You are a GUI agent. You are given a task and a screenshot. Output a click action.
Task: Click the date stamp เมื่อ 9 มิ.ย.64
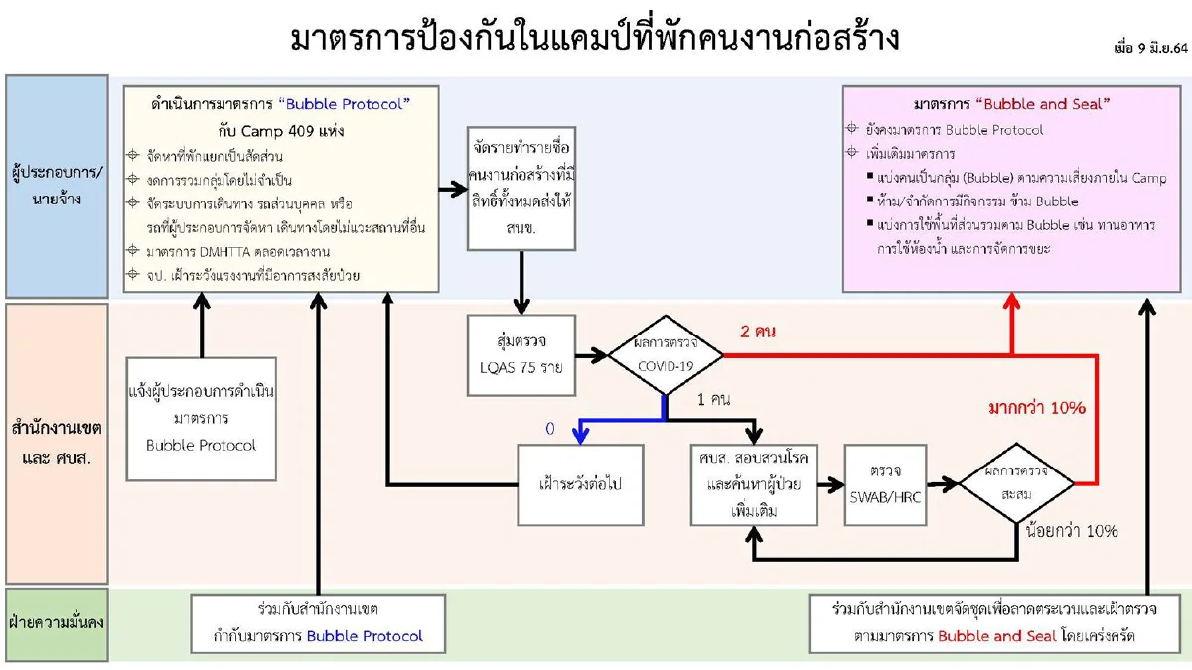(x=1149, y=48)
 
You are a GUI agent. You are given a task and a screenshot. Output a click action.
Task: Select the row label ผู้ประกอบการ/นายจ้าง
(x=57, y=187)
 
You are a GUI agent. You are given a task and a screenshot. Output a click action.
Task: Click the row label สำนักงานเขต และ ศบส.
(x=57, y=443)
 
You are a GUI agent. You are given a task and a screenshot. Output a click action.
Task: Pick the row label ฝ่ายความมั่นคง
(x=57, y=624)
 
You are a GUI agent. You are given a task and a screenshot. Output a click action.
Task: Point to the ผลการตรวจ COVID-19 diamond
(x=665, y=354)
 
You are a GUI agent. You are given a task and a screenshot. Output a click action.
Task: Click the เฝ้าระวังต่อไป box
(x=580, y=484)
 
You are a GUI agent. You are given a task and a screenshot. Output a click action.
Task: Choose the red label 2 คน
(x=758, y=332)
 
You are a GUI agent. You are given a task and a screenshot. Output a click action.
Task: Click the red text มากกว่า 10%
(x=1036, y=408)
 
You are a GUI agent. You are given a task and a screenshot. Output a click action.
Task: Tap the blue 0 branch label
(x=549, y=429)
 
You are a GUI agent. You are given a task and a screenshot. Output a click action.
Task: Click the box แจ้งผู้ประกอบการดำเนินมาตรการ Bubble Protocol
(x=201, y=418)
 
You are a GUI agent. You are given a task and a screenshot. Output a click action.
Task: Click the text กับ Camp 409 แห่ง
(x=280, y=129)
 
